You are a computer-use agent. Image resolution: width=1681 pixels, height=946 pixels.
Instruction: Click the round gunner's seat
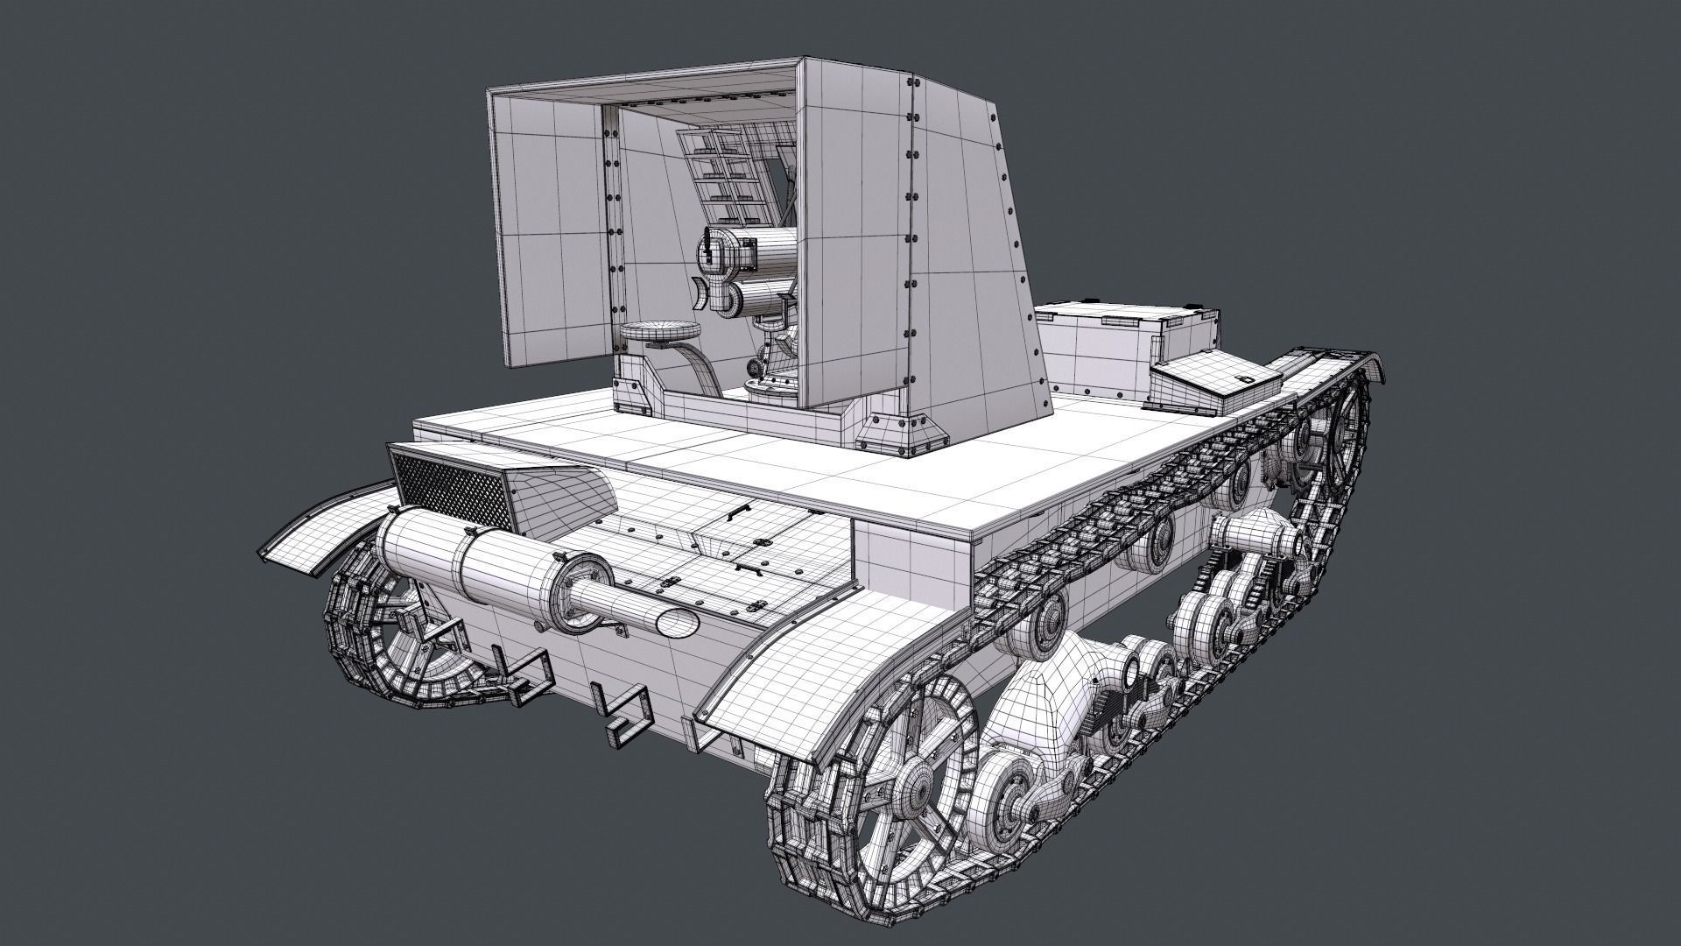(660, 330)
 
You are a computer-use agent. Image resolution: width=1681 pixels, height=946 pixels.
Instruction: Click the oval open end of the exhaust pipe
(677, 624)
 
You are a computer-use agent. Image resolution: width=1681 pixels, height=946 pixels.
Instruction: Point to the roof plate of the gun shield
(648, 82)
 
